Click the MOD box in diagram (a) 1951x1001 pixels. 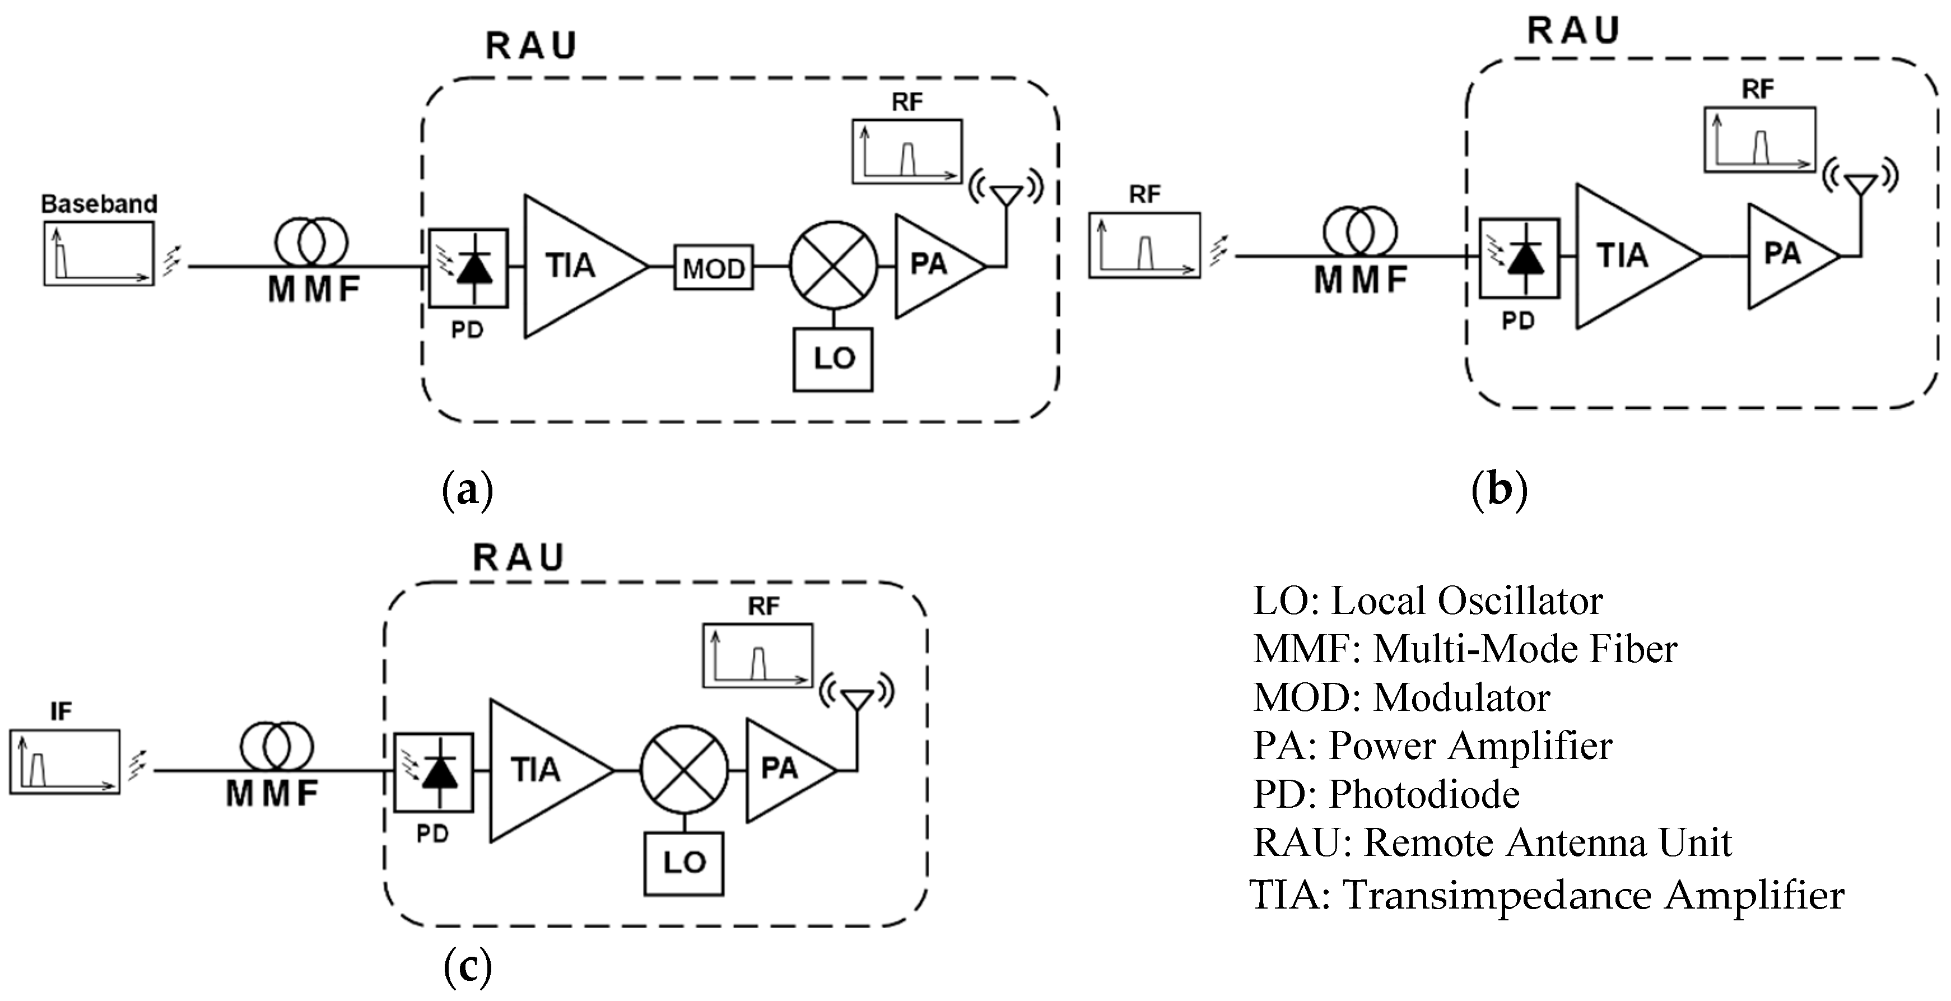point(714,267)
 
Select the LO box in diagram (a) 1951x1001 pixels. point(833,359)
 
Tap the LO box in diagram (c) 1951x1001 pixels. point(684,863)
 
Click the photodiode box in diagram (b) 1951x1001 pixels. point(1519,258)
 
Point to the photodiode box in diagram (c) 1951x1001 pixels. point(434,771)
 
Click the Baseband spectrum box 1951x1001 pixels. point(99,254)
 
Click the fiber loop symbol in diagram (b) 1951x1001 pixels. point(1360,230)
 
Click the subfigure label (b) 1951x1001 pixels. point(1499,490)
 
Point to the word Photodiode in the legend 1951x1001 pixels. point(1424,794)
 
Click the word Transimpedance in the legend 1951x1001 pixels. point(1497,895)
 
